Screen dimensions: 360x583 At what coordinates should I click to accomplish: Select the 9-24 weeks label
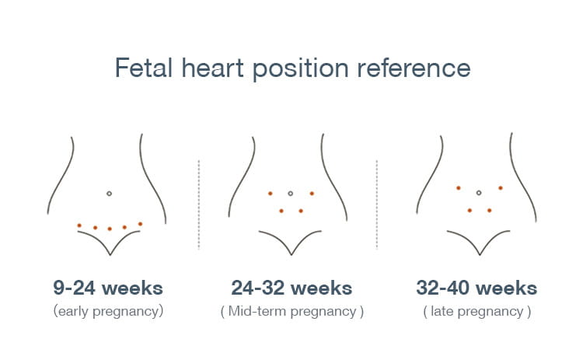(108, 288)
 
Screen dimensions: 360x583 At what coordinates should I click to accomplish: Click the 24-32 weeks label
(291, 288)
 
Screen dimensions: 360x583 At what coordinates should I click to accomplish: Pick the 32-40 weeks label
(477, 288)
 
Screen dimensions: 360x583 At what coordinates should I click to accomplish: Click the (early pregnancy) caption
(108, 312)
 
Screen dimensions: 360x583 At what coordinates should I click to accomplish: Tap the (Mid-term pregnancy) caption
(291, 312)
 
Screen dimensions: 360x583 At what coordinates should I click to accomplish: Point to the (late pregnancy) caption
(477, 312)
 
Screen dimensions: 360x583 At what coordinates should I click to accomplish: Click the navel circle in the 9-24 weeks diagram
(109, 193)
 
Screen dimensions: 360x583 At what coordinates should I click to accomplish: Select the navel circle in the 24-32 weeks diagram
(290, 193)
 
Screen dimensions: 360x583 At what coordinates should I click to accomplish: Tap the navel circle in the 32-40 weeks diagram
(479, 192)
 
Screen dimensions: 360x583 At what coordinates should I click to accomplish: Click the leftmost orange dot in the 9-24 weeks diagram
(79, 225)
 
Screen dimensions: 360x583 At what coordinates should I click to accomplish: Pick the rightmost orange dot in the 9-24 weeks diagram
(140, 224)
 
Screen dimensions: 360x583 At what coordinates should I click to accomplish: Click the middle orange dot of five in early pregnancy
(110, 229)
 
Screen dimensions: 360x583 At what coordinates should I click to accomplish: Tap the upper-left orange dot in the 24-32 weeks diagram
(270, 193)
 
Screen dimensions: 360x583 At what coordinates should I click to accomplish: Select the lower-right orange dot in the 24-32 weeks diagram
(301, 211)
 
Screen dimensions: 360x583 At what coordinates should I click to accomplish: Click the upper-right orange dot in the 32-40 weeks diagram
(501, 188)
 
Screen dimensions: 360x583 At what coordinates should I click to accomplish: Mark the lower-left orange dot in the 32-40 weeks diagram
(470, 210)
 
